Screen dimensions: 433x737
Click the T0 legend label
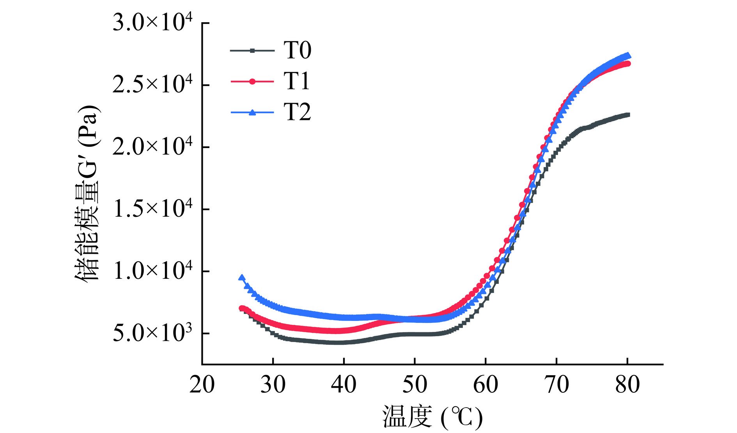pyautogui.click(x=297, y=51)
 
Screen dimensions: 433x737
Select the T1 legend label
pyautogui.click(x=297, y=82)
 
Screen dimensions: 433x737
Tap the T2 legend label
pyautogui.click(x=297, y=112)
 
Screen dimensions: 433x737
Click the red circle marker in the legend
pyautogui.click(x=252, y=82)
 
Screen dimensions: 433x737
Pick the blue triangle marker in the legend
pyautogui.click(x=252, y=112)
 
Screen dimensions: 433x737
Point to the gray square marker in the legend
pyautogui.click(x=252, y=50)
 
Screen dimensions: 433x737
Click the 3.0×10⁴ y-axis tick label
pyautogui.click(x=152, y=23)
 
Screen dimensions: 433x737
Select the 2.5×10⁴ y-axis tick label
pyautogui.click(x=152, y=85)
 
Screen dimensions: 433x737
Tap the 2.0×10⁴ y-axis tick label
pyautogui.click(x=152, y=147)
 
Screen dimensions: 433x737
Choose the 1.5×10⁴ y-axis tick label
pyautogui.click(x=152, y=209)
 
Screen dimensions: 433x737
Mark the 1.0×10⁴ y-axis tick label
pyautogui.click(x=152, y=271)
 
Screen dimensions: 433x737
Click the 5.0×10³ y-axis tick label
pyautogui.click(x=152, y=333)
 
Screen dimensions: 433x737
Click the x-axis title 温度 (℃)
pyautogui.click(x=432, y=417)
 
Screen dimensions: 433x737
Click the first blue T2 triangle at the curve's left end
pyautogui.click(x=242, y=278)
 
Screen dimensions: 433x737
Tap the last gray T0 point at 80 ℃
pyautogui.click(x=627, y=115)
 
